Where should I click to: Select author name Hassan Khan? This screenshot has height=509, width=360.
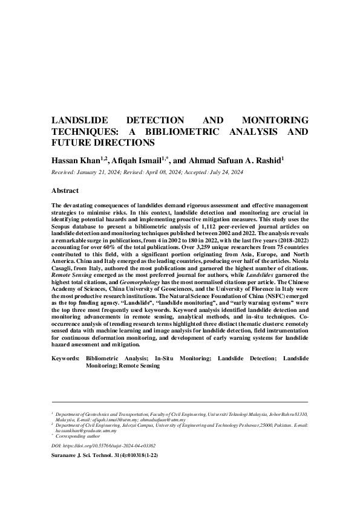pyautogui.click(x=76, y=160)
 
